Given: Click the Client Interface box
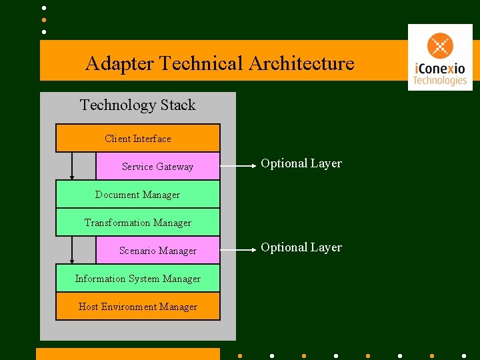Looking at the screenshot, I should pos(137,139).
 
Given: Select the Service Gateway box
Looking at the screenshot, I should pos(157,167).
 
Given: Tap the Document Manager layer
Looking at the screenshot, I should pos(137,195).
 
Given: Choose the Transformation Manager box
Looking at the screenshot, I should pos(137,223).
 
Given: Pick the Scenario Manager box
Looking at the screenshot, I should pos(157,251).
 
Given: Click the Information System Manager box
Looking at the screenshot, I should pos(137,279).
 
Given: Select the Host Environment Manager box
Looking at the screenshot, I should pos(137,307).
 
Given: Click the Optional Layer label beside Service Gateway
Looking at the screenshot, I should pos(301,163).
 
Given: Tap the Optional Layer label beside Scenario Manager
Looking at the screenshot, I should pos(301,247).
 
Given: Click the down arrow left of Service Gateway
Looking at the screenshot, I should pos(72,167).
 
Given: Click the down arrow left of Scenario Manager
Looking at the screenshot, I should pos(72,251).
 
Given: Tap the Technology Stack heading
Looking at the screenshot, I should pos(137,105).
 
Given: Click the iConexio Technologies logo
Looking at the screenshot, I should pos(439,57).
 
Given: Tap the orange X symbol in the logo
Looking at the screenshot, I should pos(440,46).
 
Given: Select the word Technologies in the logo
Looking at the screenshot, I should pos(439,81).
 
